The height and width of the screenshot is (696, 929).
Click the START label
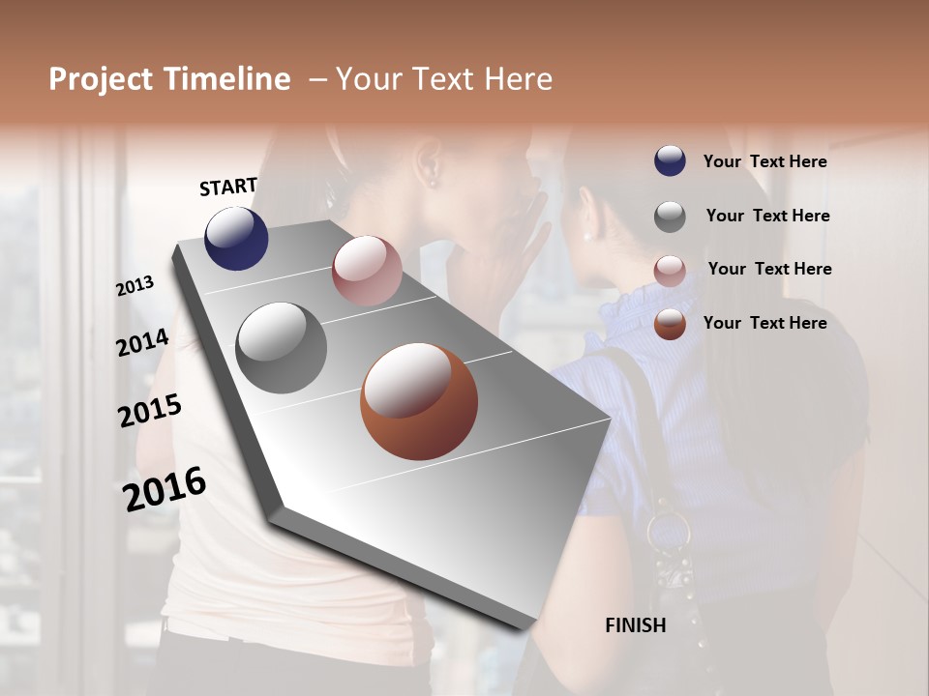point(228,187)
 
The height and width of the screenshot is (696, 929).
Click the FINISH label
point(636,625)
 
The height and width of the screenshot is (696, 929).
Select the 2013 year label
point(135,286)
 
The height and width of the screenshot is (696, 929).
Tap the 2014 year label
point(142,342)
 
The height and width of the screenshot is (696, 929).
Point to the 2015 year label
point(149,412)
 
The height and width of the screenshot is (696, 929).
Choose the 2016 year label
point(165,489)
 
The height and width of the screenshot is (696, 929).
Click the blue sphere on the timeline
point(236,238)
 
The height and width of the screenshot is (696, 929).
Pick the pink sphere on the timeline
point(367,271)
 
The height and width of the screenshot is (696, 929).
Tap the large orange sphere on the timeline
point(419,401)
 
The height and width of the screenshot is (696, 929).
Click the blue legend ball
point(670,160)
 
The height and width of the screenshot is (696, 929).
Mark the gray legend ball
point(670,216)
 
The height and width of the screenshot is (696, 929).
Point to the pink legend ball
point(670,270)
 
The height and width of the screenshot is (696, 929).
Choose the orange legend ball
point(670,324)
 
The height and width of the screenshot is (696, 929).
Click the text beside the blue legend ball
point(764,161)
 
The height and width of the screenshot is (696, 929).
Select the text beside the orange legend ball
point(764,323)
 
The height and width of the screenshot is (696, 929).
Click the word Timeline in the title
point(227,79)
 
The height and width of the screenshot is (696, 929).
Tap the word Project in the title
point(101,79)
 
